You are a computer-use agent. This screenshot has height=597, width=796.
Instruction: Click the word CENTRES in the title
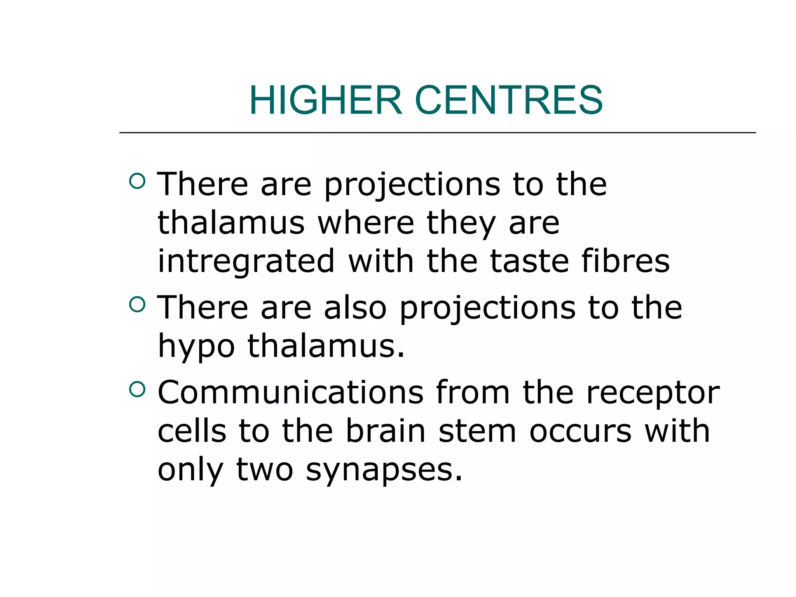[x=509, y=100]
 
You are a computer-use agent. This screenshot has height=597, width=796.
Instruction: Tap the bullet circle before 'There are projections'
[x=137, y=181]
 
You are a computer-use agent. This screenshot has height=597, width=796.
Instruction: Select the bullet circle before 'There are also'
[x=137, y=304]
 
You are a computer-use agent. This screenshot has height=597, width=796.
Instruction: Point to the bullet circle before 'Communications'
[x=137, y=389]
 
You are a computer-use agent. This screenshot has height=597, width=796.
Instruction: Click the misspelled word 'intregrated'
[x=246, y=261]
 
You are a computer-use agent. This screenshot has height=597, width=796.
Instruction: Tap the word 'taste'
[x=529, y=261]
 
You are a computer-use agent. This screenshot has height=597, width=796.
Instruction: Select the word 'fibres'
[x=625, y=261]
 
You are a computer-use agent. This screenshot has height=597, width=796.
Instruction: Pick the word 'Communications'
[x=290, y=393]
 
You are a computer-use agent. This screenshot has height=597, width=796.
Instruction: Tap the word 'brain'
[x=386, y=431]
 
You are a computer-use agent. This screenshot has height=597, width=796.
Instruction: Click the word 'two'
[x=265, y=470]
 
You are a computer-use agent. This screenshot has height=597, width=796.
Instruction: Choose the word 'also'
[x=355, y=308]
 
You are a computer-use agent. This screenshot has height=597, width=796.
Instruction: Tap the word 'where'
[x=366, y=223]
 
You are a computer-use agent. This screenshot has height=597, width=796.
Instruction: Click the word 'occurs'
[x=581, y=431]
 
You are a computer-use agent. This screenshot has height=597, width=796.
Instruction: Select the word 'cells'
[x=192, y=431]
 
